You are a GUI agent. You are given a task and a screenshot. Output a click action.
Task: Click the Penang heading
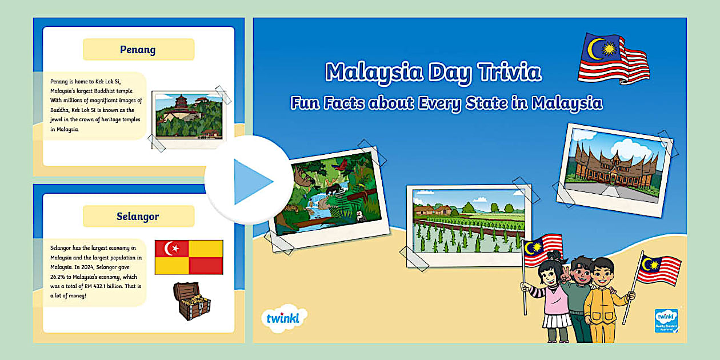(x=138, y=50)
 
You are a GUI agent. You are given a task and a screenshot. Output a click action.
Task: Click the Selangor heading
(x=138, y=217)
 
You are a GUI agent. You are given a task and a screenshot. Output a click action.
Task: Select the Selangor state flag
(x=189, y=257)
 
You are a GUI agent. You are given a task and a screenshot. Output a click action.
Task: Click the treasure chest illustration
(x=191, y=301)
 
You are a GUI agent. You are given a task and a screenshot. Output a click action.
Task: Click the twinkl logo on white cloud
(x=283, y=318)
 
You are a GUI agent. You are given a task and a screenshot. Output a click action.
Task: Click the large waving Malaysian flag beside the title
(x=613, y=58)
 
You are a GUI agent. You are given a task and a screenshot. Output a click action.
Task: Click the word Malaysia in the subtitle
(x=567, y=103)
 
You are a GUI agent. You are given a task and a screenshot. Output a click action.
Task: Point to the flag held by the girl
(x=542, y=249)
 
